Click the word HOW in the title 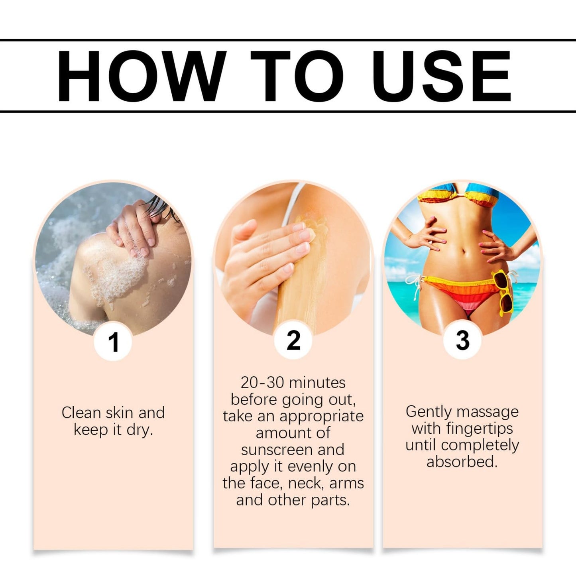click(x=142, y=76)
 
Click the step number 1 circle click(x=113, y=342)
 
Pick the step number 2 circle click(x=293, y=340)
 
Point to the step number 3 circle click(x=462, y=340)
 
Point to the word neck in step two click(x=304, y=484)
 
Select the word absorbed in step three click(x=462, y=462)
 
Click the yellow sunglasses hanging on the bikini click(x=504, y=293)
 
